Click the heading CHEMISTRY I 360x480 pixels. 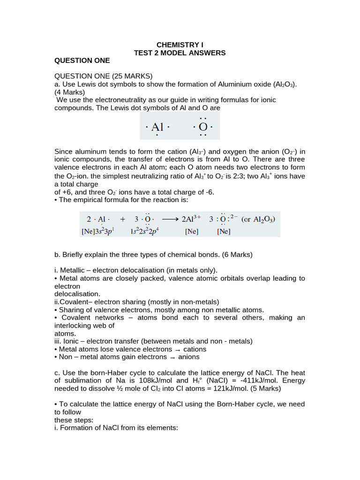[x=180, y=45]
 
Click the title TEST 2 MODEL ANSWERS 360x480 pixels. [x=180, y=53]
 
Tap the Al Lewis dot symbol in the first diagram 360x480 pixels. [x=157, y=127]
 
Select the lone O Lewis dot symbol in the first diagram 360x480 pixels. [x=203, y=127]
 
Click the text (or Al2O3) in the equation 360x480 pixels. [x=258, y=219]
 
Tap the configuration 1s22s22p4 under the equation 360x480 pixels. [x=147, y=231]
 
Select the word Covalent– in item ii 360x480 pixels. [x=77, y=302]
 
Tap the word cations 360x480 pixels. [x=195, y=349]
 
